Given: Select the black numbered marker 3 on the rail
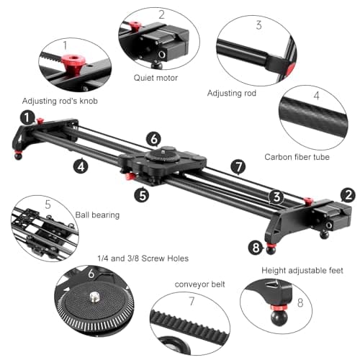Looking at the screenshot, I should (x=275, y=196).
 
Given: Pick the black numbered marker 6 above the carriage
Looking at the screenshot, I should (x=153, y=138).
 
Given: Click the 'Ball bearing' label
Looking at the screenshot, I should (x=97, y=215).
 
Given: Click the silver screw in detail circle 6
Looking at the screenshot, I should (x=94, y=297).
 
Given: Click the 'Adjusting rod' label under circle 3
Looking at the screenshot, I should (x=232, y=93).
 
